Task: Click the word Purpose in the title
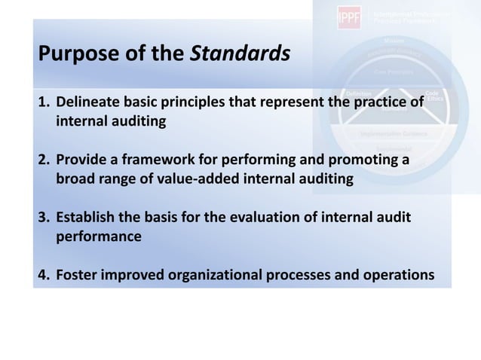pyautogui.click(x=72, y=54)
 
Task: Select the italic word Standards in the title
pyautogui.click(x=239, y=54)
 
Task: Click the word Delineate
pyautogui.click(x=85, y=102)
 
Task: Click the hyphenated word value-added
pyautogui.click(x=200, y=178)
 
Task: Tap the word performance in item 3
pyautogui.click(x=98, y=236)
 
